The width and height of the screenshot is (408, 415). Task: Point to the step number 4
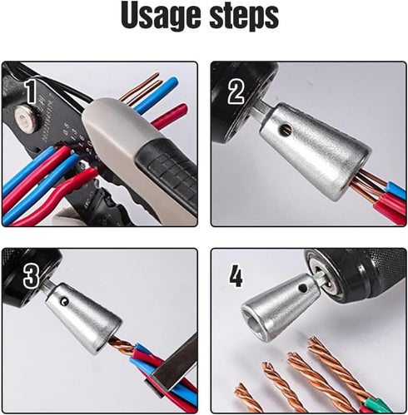(x=236, y=275)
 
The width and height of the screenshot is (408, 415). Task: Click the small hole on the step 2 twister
(x=287, y=130)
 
